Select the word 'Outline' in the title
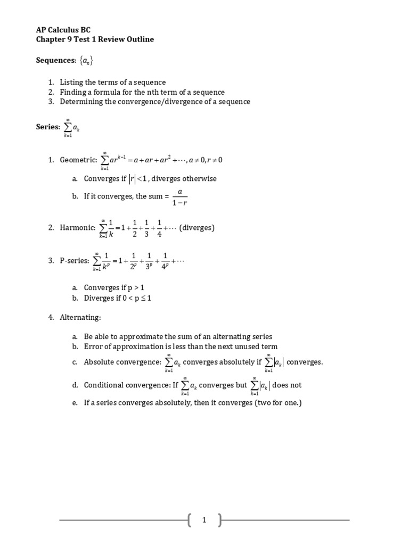tap(140, 39)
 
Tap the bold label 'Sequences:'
tap(56, 61)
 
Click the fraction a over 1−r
tap(179, 196)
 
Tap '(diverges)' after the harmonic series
tap(197, 228)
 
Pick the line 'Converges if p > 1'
tap(114, 288)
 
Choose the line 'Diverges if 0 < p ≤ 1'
tap(118, 298)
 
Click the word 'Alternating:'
tap(80, 318)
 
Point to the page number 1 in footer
tap(204, 521)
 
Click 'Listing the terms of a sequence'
tap(112, 82)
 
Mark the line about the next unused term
tap(181, 346)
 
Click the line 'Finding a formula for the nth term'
tap(142, 92)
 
